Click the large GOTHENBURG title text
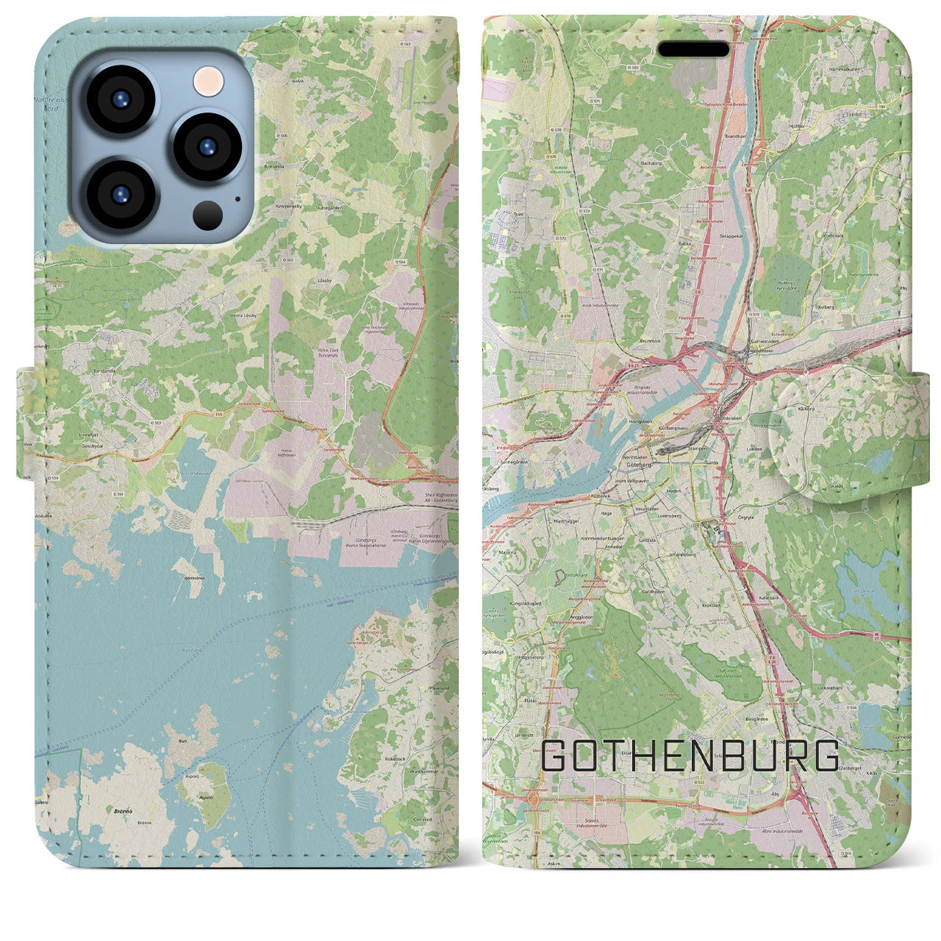coord(691,756)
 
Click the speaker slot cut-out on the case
coord(693,49)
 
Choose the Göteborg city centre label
coord(637,465)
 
